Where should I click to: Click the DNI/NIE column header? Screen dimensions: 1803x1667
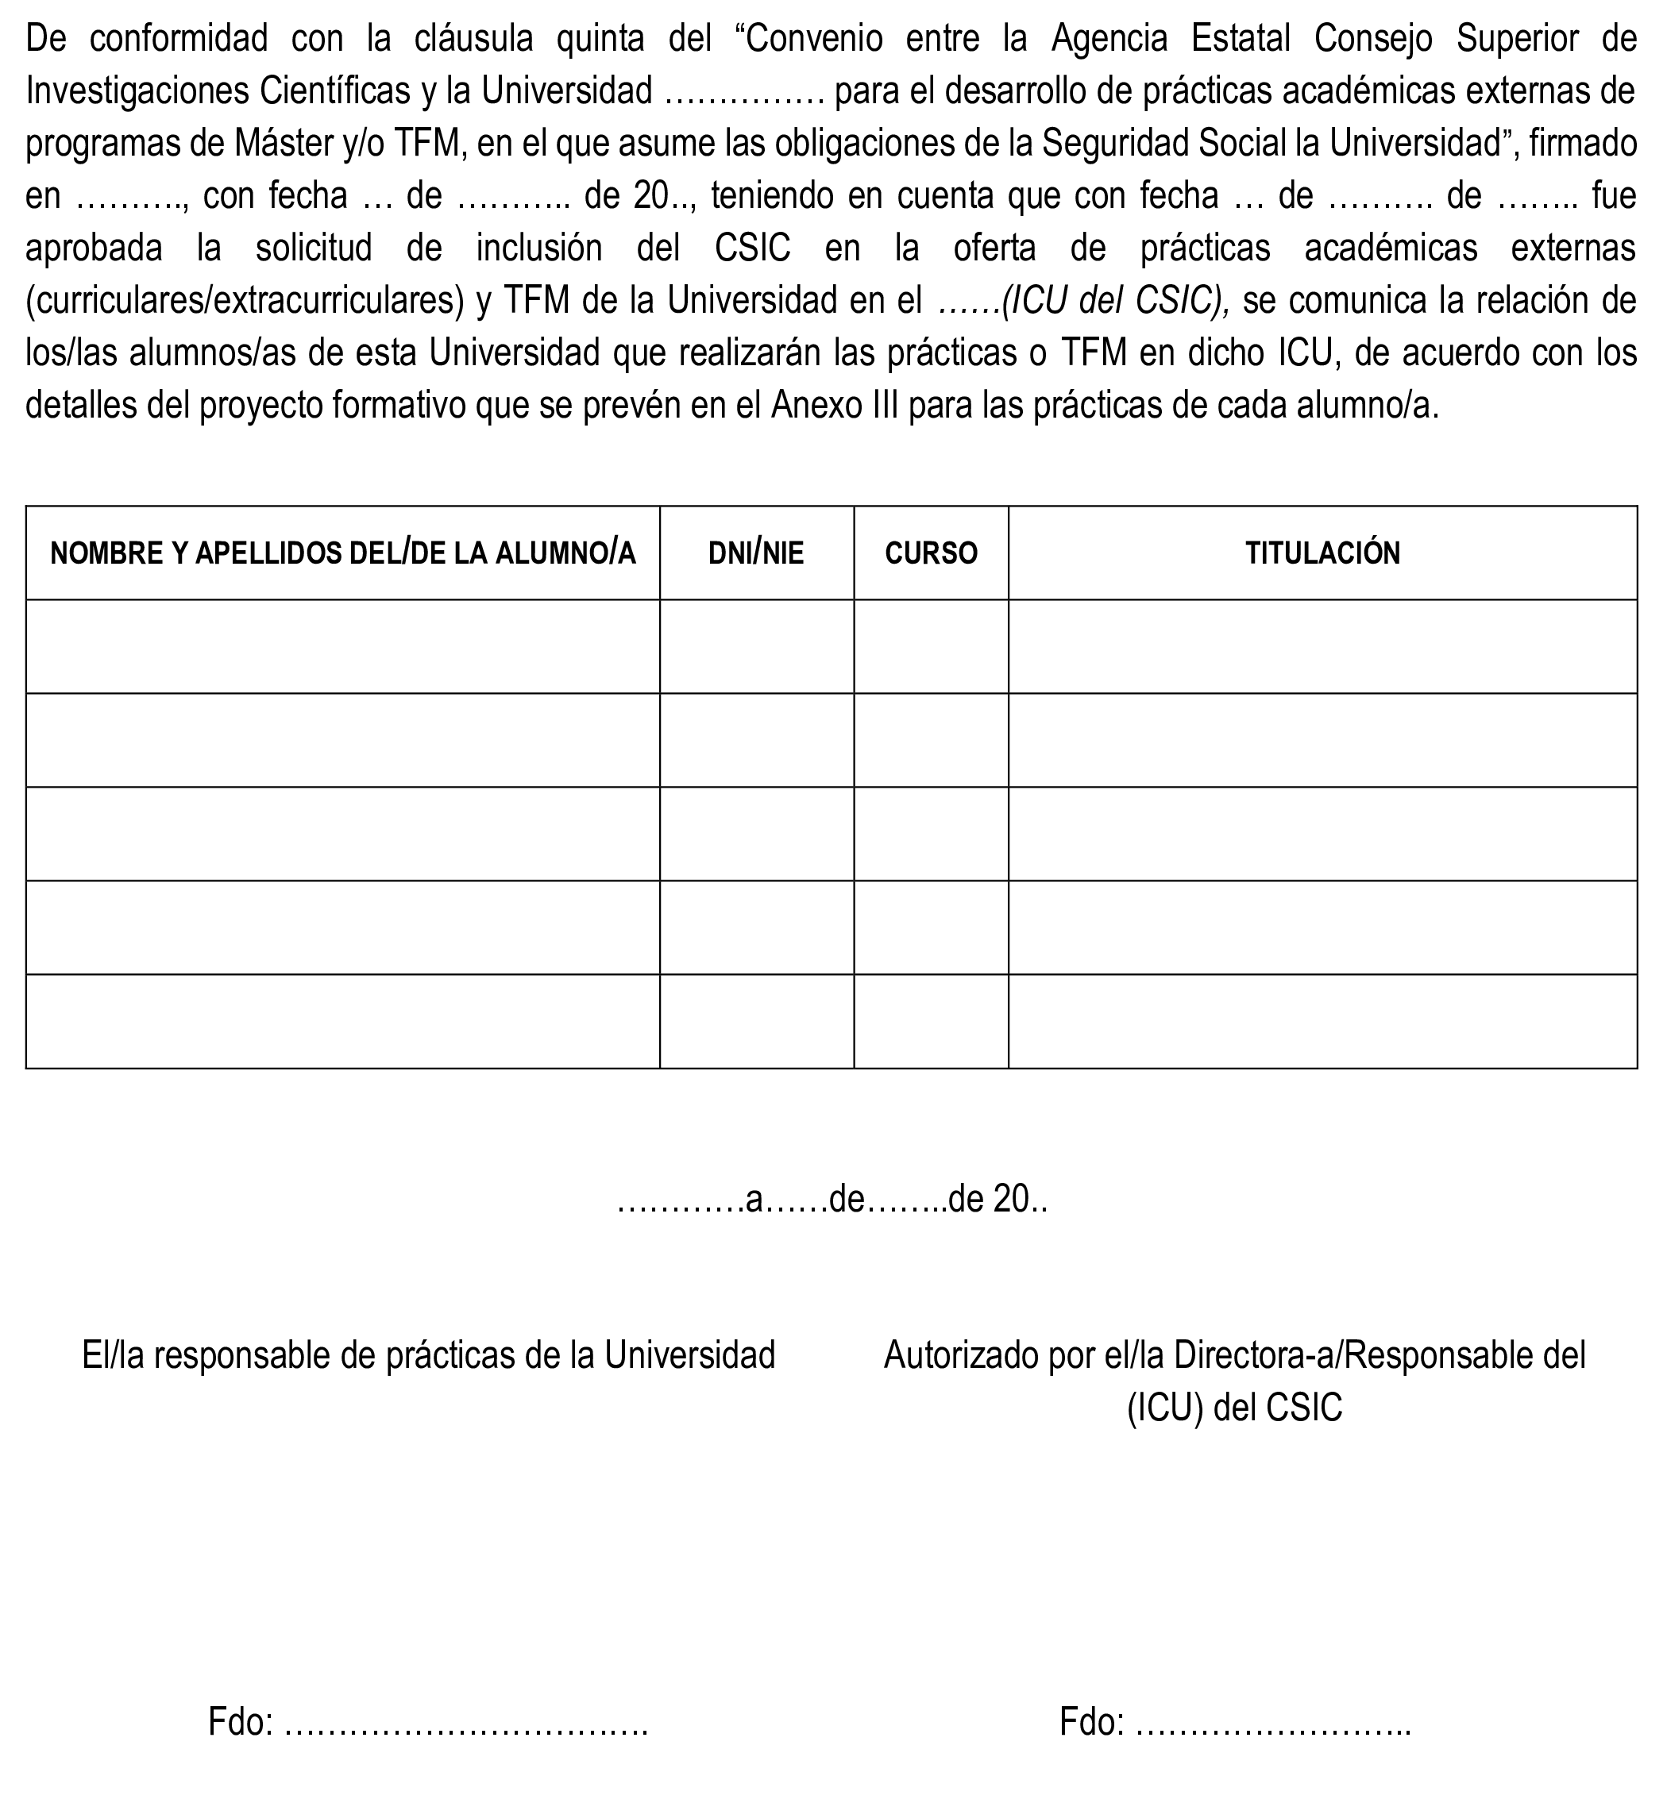tap(756, 553)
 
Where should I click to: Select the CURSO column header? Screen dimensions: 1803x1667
tap(931, 553)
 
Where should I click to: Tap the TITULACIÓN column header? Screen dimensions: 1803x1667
tap(1322, 553)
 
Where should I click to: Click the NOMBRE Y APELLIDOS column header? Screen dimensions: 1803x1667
tap(343, 553)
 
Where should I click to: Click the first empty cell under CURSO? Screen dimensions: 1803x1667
tap(931, 647)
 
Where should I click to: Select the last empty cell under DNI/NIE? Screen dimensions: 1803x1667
tap(756, 1021)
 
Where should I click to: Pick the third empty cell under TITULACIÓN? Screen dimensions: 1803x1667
tap(1322, 834)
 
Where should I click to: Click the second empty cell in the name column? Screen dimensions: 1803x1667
tap(343, 741)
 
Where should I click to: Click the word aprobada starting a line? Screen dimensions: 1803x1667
tap(94, 248)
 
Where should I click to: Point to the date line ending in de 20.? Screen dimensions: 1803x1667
tap(832, 1200)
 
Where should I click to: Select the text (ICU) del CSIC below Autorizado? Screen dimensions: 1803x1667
tap(1234, 1408)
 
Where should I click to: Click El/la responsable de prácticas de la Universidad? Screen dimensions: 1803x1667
tap(429, 1354)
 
